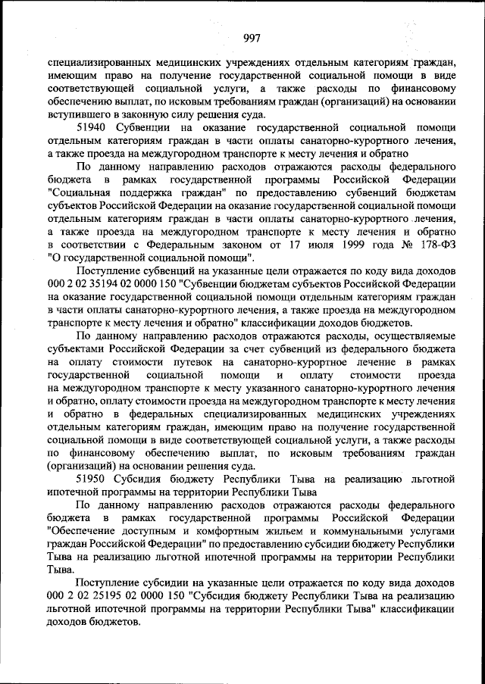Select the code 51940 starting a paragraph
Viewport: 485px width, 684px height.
(92, 128)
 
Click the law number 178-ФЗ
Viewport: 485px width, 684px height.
(435, 245)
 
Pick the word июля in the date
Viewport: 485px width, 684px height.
(281, 245)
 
